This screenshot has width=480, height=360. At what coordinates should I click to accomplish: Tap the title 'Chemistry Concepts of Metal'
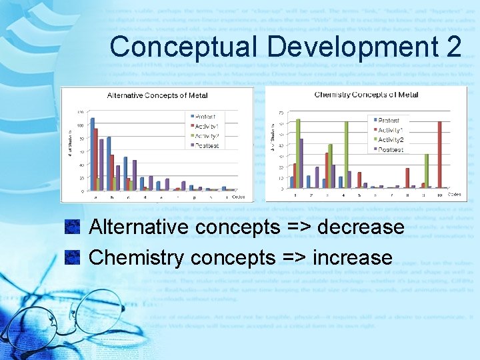(x=366, y=95)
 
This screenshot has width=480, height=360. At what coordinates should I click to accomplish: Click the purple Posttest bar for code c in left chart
(x=135, y=175)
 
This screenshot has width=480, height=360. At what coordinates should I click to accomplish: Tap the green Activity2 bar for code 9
(x=427, y=171)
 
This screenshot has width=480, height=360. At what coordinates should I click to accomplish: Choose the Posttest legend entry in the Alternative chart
(x=207, y=145)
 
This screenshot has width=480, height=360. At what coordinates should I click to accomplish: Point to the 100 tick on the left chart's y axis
(x=80, y=125)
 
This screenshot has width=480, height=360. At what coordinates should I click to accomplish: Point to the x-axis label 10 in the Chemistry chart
(x=439, y=195)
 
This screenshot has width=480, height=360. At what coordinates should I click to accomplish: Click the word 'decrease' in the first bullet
(x=361, y=227)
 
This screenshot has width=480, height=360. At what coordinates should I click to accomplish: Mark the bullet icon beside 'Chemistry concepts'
(x=73, y=257)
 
